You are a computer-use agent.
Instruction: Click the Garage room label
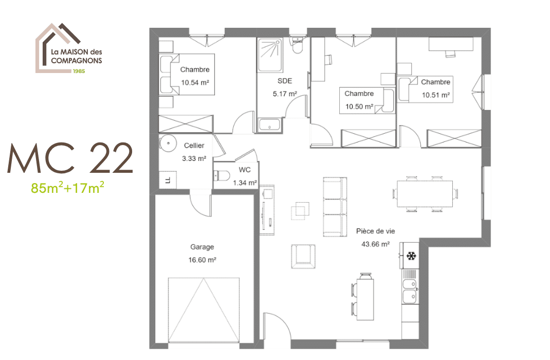click(x=201, y=247)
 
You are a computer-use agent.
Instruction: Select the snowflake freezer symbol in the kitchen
click(x=411, y=256)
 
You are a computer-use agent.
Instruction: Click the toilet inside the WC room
click(x=220, y=175)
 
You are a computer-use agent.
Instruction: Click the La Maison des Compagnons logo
click(x=69, y=49)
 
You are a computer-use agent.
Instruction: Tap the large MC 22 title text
click(x=70, y=158)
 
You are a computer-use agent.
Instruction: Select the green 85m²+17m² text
click(x=68, y=188)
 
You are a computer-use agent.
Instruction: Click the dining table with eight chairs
click(x=426, y=193)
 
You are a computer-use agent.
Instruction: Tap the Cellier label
click(x=194, y=146)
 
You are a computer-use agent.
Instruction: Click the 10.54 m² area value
click(x=194, y=82)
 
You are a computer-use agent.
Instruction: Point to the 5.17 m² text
click(x=285, y=94)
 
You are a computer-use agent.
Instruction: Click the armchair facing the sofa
click(x=303, y=256)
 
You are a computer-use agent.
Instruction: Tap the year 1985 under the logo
click(x=78, y=71)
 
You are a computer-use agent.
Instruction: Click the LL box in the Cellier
click(x=168, y=180)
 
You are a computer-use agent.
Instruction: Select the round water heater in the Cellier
click(x=168, y=142)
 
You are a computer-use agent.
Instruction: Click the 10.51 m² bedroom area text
click(x=436, y=95)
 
